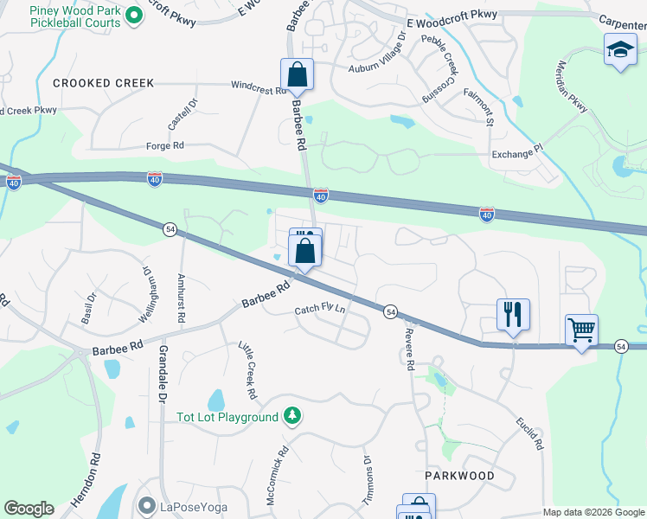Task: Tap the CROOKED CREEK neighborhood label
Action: coord(103,84)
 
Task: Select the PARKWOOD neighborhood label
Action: coord(459,476)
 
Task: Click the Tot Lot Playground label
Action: coord(227,418)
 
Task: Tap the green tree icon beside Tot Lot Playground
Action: coord(292,417)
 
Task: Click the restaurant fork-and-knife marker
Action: coord(513,316)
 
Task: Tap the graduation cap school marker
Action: coord(620,52)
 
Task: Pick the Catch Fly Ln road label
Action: coord(319,310)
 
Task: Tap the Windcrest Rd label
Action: coord(258,86)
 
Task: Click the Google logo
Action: coord(29,509)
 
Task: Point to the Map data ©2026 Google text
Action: coord(593,512)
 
